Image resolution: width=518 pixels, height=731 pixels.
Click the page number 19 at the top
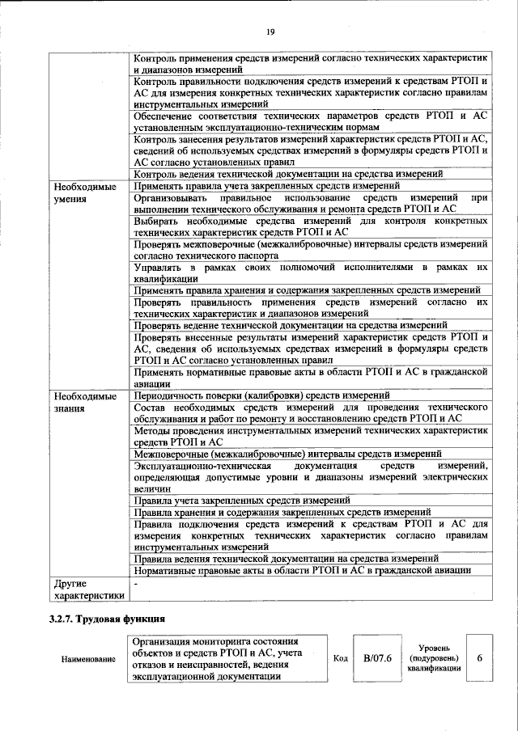click(270, 32)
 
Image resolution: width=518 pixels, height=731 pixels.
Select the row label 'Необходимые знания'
click(81, 402)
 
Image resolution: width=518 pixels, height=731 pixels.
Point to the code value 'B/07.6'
click(377, 659)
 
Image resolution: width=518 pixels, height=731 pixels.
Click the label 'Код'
click(341, 659)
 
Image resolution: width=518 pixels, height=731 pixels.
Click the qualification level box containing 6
click(480, 659)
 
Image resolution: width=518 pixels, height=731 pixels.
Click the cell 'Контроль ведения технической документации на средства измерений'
click(287, 174)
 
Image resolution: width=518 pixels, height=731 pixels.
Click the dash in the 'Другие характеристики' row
click(135, 583)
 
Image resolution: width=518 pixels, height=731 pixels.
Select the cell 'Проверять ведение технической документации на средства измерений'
click(290, 325)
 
